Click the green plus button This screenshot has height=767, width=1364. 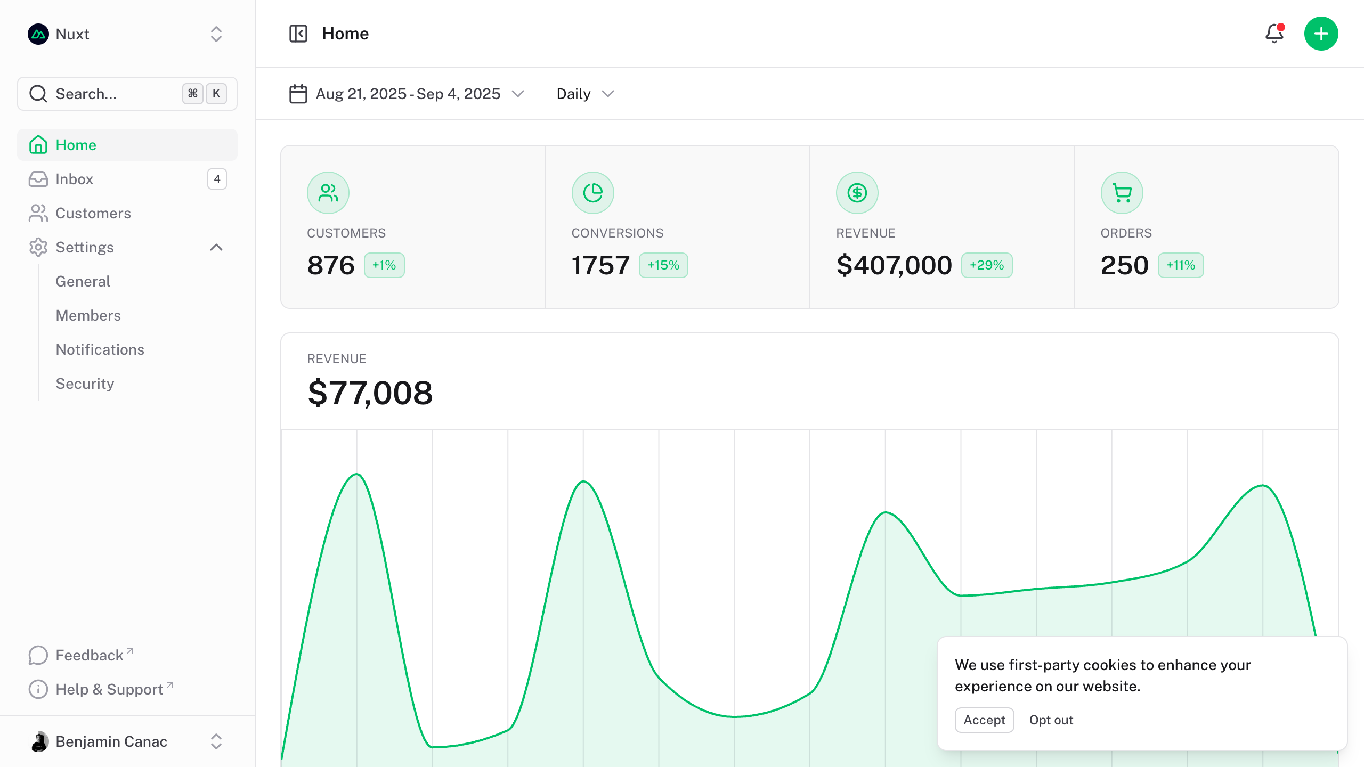click(1321, 34)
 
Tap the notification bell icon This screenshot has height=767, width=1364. click(1274, 34)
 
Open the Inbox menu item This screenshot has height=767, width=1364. click(75, 179)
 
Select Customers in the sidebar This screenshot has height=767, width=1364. click(93, 213)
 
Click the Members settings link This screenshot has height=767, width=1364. click(88, 315)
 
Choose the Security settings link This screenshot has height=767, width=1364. click(85, 383)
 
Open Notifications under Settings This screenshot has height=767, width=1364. click(100, 349)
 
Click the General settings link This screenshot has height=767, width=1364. click(83, 281)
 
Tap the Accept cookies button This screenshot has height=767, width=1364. click(984, 720)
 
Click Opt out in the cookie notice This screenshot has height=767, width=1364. click(1051, 720)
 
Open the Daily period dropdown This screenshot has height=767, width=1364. click(585, 94)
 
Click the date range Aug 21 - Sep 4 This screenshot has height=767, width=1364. click(408, 94)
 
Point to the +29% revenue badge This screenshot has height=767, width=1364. click(987, 265)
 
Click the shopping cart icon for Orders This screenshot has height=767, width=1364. click(1122, 193)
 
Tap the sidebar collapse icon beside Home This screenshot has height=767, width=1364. click(298, 34)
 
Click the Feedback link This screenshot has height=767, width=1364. click(90, 655)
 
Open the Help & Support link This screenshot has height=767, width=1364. click(109, 689)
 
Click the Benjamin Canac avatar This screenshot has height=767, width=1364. click(39, 741)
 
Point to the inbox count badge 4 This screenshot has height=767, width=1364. click(217, 179)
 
